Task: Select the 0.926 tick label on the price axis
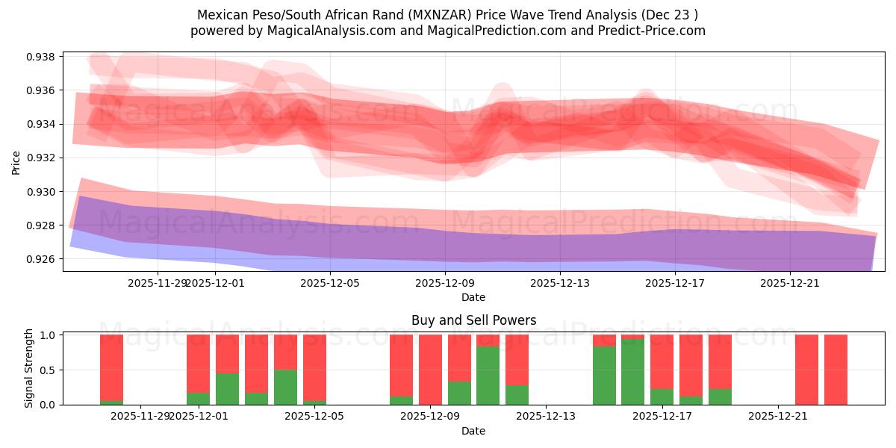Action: click(43, 259)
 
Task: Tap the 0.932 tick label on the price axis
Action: click(43, 158)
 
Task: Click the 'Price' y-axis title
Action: click(16, 162)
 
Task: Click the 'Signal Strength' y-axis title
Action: click(29, 368)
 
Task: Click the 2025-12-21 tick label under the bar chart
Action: click(778, 416)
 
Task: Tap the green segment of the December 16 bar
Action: click(633, 372)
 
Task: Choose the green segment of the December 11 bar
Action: click(488, 376)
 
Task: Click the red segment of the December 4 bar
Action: click(285, 352)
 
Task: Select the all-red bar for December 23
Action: click(836, 370)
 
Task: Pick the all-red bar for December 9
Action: click(430, 370)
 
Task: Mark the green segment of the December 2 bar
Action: click(227, 389)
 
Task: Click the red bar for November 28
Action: click(111, 366)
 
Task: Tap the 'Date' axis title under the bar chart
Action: click(473, 431)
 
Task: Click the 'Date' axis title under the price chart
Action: click(473, 297)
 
